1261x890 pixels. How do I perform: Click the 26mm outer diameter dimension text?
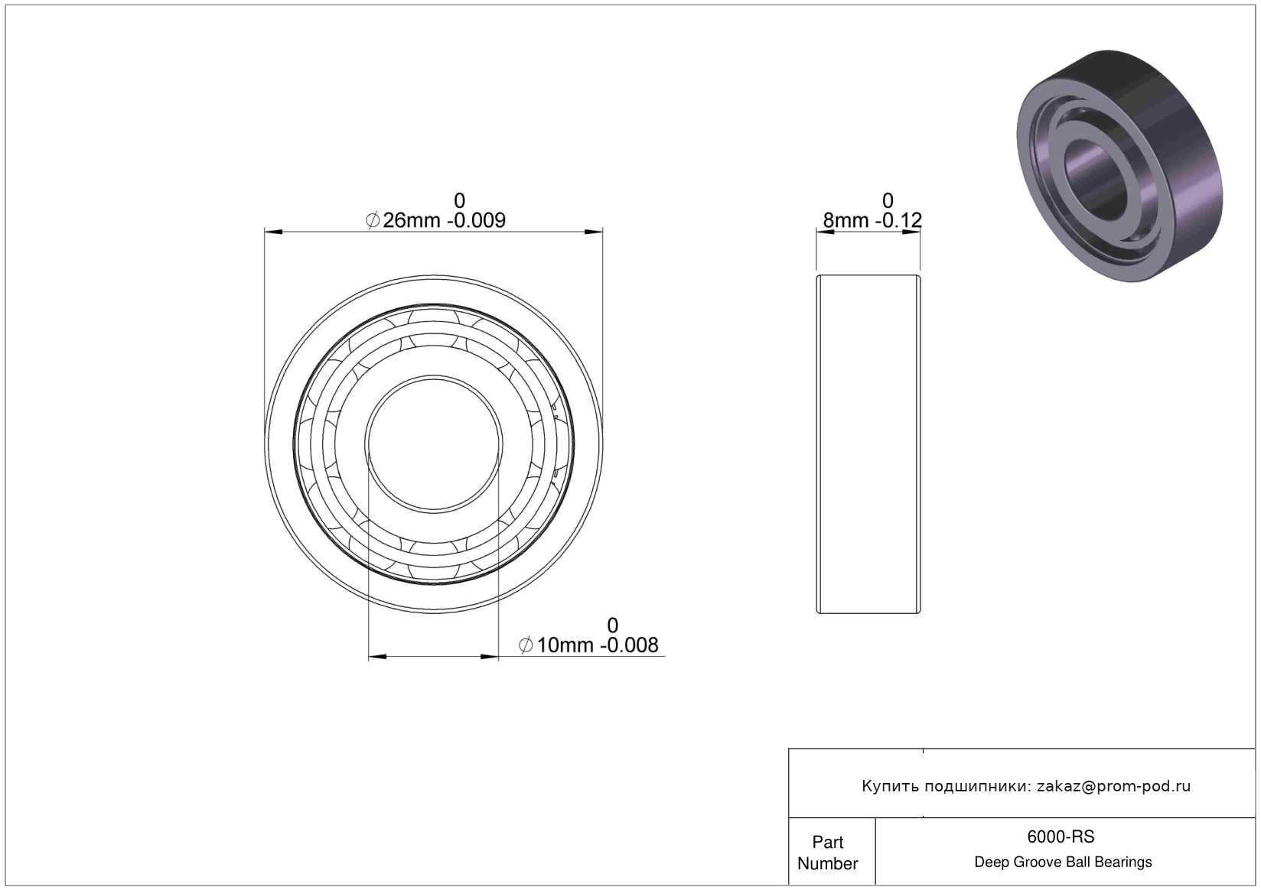(x=412, y=220)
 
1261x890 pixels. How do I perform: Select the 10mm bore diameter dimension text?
(x=565, y=645)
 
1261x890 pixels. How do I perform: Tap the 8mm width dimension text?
(x=846, y=220)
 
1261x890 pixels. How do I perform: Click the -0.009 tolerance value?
(x=476, y=220)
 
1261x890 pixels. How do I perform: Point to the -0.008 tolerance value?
(x=630, y=645)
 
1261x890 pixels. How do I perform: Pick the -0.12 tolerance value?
(x=898, y=220)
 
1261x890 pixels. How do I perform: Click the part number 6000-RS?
(x=1061, y=836)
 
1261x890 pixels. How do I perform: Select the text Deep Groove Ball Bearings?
(x=1063, y=862)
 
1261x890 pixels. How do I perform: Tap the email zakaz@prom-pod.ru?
(x=1113, y=786)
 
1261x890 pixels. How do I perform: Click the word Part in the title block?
(x=828, y=842)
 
